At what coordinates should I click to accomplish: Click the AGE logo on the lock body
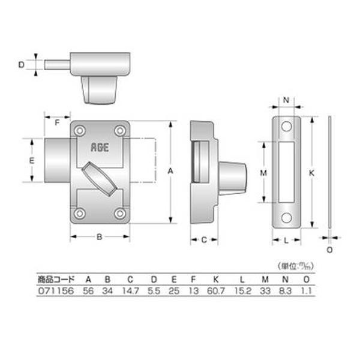point(100,148)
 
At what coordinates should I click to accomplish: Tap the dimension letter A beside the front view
point(170,171)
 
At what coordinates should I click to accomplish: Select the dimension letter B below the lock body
point(100,237)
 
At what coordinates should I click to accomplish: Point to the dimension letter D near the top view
point(21,65)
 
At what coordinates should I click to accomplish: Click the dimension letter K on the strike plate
point(311,173)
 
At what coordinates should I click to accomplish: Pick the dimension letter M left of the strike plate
point(263,172)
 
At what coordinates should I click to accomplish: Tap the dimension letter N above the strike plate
point(286,100)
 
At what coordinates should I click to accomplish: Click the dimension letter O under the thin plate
point(329,250)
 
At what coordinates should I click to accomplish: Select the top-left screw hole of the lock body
point(80,131)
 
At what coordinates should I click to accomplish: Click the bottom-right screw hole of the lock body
point(120,214)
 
